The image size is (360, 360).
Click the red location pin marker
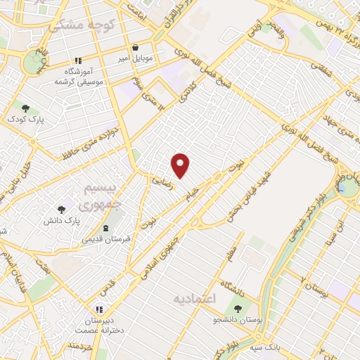(x=181, y=165)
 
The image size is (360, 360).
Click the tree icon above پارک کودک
(x=26, y=108)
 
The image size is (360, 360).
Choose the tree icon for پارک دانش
(x=60, y=210)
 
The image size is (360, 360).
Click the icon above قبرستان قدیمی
(x=106, y=228)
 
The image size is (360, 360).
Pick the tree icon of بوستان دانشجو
(x=237, y=309)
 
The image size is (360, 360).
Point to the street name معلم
(x=233, y=254)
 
